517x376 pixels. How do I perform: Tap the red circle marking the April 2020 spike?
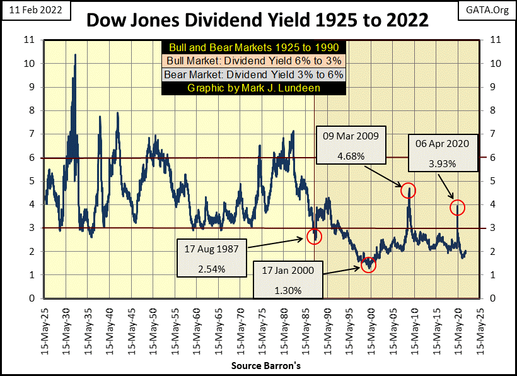[x=457, y=206]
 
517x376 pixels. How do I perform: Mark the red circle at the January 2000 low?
[x=369, y=265]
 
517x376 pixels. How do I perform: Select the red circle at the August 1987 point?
[x=315, y=237]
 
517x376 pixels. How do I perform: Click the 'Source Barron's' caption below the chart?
[x=258, y=366]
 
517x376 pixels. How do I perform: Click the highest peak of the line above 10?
[x=76, y=55]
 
